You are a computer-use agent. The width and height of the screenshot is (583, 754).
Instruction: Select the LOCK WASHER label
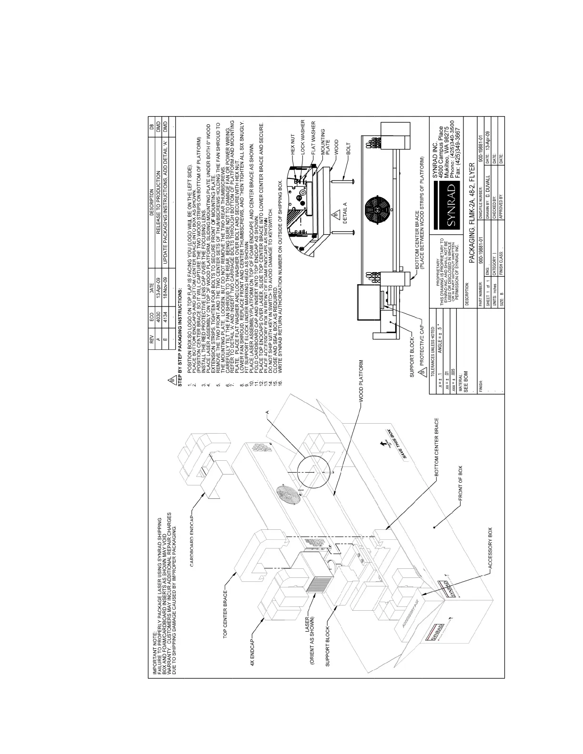pyautogui.click(x=302, y=138)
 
